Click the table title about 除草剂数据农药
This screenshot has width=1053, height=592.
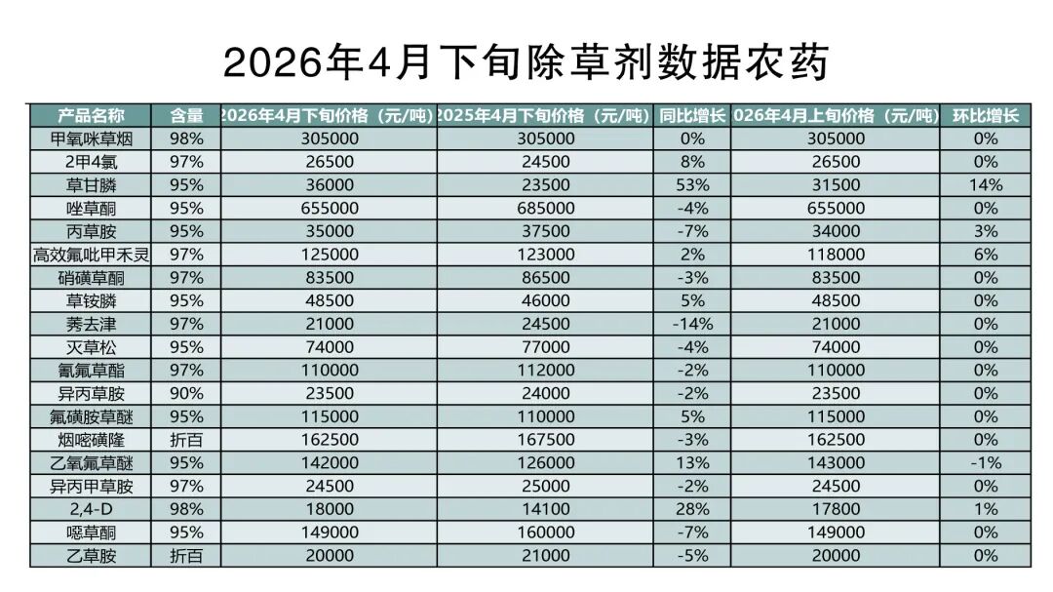tap(526, 61)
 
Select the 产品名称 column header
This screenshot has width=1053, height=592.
tap(91, 115)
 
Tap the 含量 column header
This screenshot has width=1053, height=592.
tap(186, 115)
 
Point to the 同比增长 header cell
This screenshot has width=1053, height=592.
tap(692, 115)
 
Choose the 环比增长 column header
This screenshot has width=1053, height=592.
tap(986, 115)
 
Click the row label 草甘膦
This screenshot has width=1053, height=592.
tap(91, 185)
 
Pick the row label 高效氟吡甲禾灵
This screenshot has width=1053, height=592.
tap(91, 255)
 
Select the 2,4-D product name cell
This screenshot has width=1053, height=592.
tap(91, 509)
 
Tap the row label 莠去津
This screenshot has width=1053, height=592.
tap(91, 324)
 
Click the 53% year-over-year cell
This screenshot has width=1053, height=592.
tap(692, 185)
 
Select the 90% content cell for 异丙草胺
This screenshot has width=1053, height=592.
tap(186, 394)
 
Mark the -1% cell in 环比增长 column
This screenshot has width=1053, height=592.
tap(986, 463)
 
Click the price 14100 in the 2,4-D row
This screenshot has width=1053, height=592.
tap(545, 509)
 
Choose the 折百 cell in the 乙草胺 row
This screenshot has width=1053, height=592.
tap(186, 556)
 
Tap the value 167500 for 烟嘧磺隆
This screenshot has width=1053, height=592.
tap(545, 440)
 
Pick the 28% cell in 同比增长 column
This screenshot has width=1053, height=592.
tap(692, 509)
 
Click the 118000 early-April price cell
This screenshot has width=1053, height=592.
tap(835, 255)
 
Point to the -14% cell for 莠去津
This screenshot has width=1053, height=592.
tap(692, 324)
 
